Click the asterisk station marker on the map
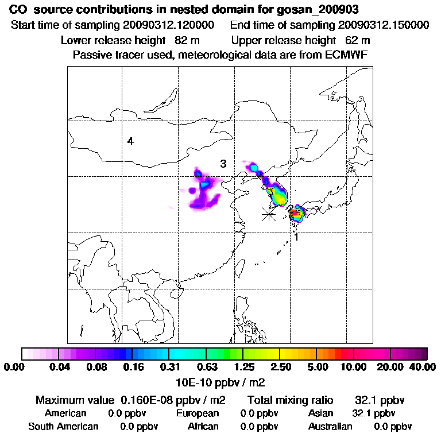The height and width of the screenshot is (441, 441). [268, 214]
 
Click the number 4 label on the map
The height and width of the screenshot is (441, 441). [131, 141]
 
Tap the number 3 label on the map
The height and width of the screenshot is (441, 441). [223, 164]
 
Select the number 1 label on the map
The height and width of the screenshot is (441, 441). [296, 237]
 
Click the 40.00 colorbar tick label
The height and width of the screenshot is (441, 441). [420, 367]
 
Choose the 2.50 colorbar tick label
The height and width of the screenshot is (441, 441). [280, 367]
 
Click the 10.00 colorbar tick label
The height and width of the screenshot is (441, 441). [353, 367]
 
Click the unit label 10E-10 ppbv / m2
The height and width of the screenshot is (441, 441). [220, 381]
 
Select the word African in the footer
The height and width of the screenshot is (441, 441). [203, 427]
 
